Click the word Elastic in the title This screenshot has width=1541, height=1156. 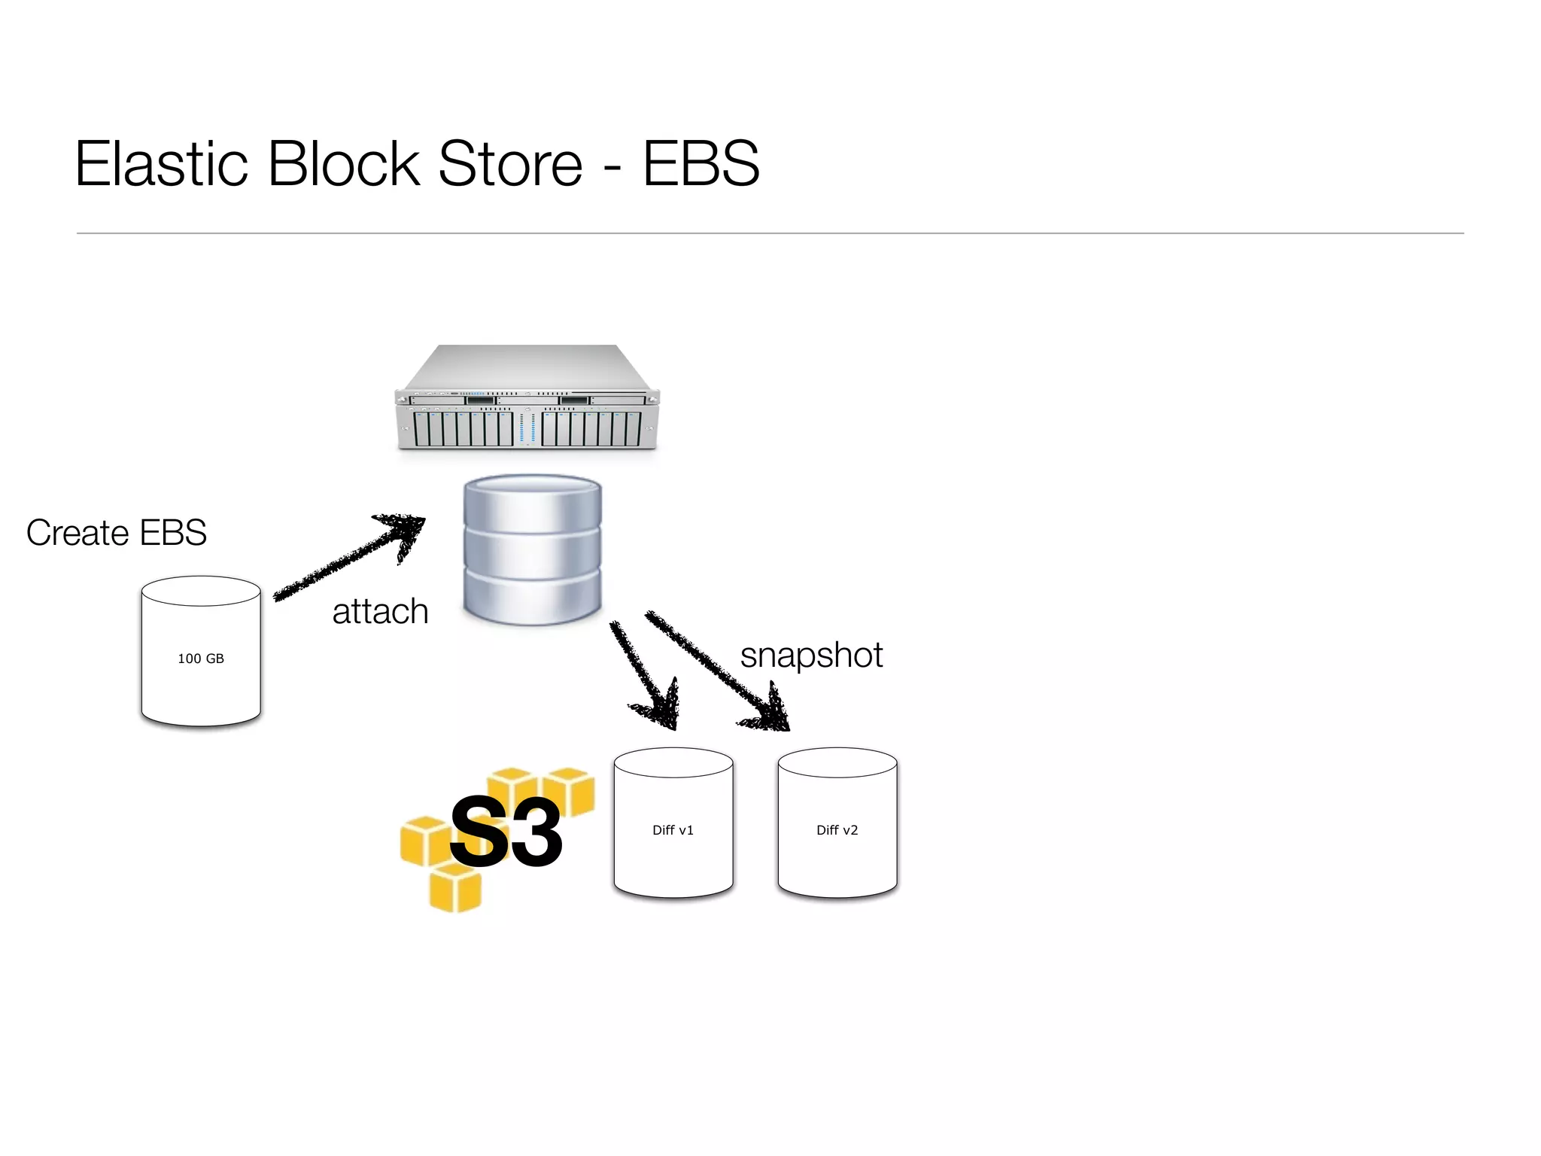click(x=161, y=163)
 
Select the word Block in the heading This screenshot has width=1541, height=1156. click(x=343, y=163)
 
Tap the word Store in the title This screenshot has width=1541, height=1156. click(x=510, y=163)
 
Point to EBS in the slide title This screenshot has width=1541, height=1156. click(x=701, y=163)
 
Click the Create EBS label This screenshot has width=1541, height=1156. click(x=116, y=533)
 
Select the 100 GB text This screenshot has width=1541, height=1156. click(x=201, y=659)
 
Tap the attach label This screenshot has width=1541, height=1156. click(x=380, y=611)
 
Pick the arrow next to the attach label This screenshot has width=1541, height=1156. click(x=350, y=557)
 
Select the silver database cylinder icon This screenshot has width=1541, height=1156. click(x=533, y=549)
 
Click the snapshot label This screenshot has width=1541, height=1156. click(x=811, y=655)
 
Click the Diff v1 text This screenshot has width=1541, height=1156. click(x=673, y=830)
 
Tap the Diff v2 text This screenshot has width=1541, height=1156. click(x=837, y=830)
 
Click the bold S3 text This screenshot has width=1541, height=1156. click(x=506, y=832)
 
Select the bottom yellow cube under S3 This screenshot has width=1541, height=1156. click(x=454, y=888)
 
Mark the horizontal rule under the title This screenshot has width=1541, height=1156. click(x=770, y=233)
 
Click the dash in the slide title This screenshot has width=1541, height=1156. click(x=612, y=167)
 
